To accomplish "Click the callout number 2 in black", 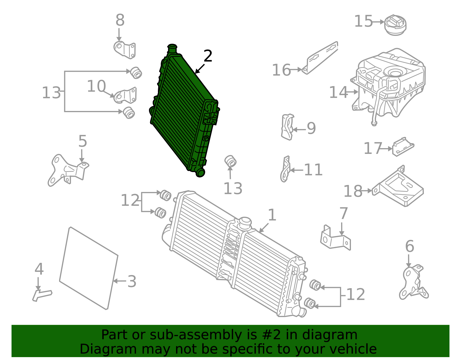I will (208, 56).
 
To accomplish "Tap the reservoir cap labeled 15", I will (395, 25).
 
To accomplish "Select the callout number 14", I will (338, 93).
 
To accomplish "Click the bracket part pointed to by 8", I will (125, 50).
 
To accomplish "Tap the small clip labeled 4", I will (42, 295).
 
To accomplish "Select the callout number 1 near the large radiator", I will (272, 215).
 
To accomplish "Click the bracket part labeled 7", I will (335, 239).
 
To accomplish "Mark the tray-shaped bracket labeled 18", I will (399, 187).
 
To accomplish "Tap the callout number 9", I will (311, 128).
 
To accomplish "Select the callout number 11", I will (313, 170).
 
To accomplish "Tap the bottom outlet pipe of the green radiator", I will (200, 173).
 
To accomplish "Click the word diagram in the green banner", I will (336, 335).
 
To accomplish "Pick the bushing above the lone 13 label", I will (231, 161).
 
